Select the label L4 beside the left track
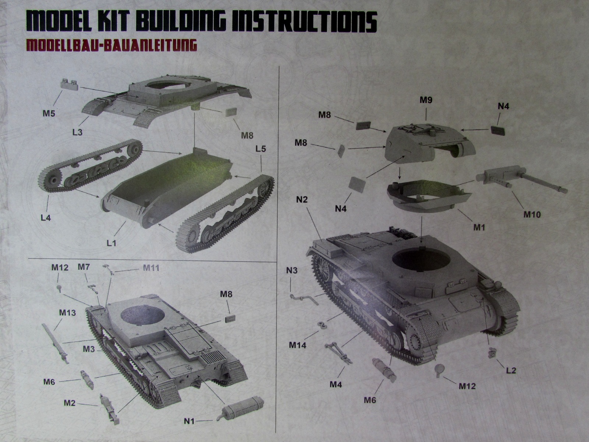46,218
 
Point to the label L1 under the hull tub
111,243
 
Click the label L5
260,149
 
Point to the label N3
292,271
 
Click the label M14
298,345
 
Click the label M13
67,313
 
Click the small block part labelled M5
70,84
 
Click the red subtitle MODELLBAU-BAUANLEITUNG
111,45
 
